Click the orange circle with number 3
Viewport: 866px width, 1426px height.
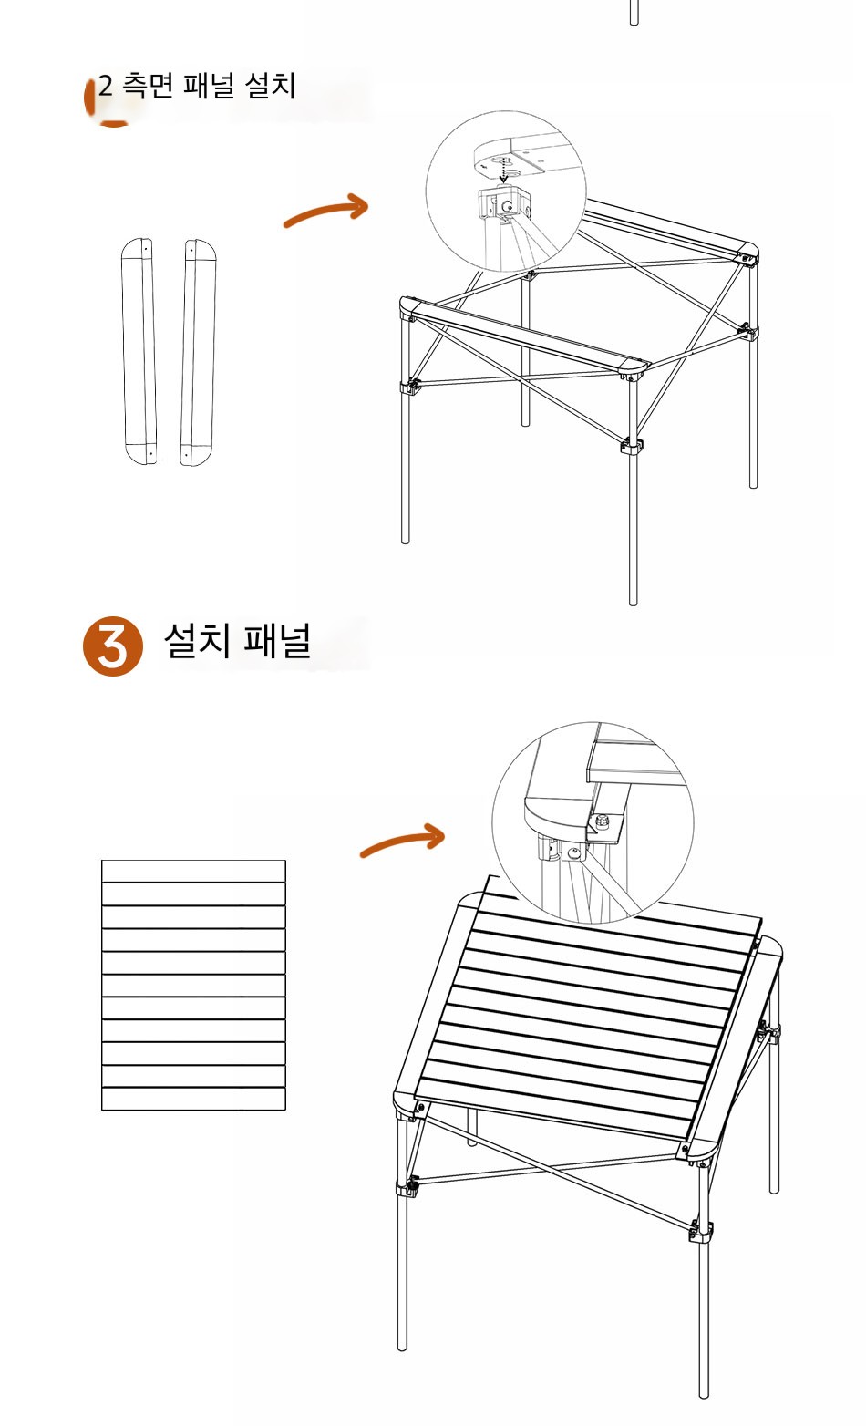pos(113,646)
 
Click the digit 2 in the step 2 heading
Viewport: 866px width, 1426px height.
pos(106,86)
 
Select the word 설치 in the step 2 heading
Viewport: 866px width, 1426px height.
pos(270,86)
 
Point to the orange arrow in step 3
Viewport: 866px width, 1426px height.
pos(402,840)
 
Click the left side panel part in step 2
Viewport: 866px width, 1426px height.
pos(139,351)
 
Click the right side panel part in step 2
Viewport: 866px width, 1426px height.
pos(198,352)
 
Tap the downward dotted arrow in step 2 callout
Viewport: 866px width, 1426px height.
pos(503,170)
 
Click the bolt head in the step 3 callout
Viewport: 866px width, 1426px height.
pos(601,822)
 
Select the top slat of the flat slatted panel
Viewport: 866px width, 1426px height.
pos(193,871)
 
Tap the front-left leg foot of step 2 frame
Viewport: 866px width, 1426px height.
pos(406,539)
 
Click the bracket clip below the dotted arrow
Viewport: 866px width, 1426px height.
pos(503,203)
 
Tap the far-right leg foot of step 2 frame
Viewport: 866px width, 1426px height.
pos(753,483)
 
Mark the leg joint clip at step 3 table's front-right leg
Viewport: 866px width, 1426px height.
pos(701,1231)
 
